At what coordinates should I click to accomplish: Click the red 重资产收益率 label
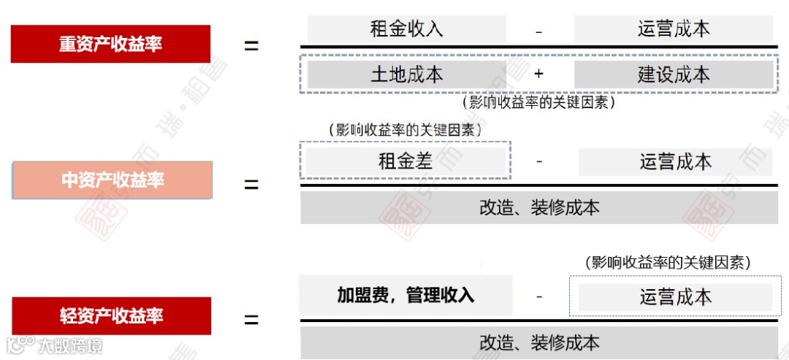[110, 44]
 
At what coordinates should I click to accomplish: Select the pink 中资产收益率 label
[113, 180]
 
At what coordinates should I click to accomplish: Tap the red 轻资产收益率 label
[111, 316]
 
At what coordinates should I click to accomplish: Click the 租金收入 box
[406, 29]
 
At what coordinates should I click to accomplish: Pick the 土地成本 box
[406, 74]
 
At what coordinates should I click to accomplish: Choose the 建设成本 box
[673, 74]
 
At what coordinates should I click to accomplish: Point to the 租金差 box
[405, 161]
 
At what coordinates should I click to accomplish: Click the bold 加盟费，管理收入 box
[405, 295]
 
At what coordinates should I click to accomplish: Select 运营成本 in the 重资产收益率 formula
[673, 29]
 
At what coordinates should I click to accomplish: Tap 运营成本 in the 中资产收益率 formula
[675, 161]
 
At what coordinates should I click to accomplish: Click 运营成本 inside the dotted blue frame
[675, 296]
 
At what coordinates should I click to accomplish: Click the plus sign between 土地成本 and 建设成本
[539, 74]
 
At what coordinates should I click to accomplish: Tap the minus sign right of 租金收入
[539, 31]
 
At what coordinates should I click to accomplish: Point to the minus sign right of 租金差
[539, 161]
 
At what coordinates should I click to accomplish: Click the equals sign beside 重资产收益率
[251, 45]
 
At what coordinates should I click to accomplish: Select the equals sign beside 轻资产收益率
[251, 320]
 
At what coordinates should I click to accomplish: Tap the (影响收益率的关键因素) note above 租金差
[406, 130]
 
